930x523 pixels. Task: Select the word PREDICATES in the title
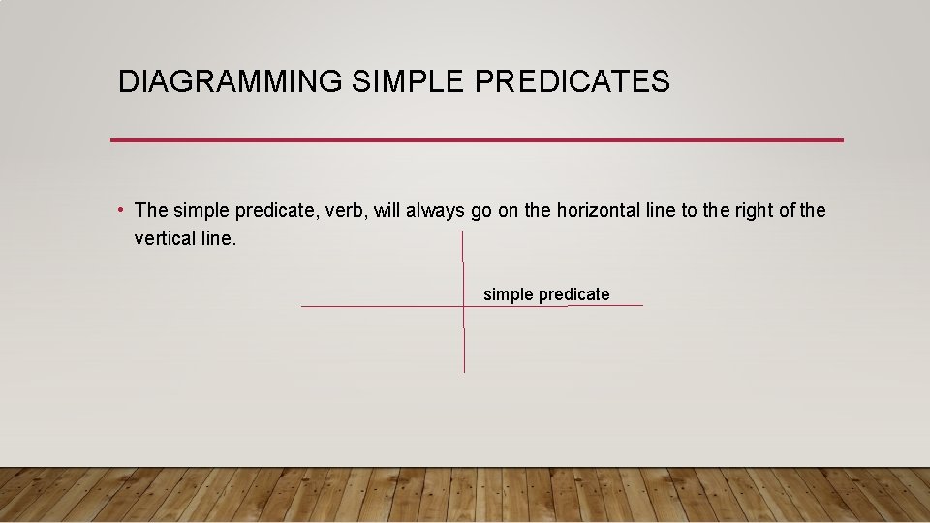point(572,82)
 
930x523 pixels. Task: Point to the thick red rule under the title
point(477,140)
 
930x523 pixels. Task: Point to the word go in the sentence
point(481,210)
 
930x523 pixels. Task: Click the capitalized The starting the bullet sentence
point(152,210)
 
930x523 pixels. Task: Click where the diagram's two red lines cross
point(464,306)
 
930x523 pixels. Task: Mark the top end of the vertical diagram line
point(463,232)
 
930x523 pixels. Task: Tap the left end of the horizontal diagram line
point(302,307)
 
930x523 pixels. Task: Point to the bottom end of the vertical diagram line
point(464,371)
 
